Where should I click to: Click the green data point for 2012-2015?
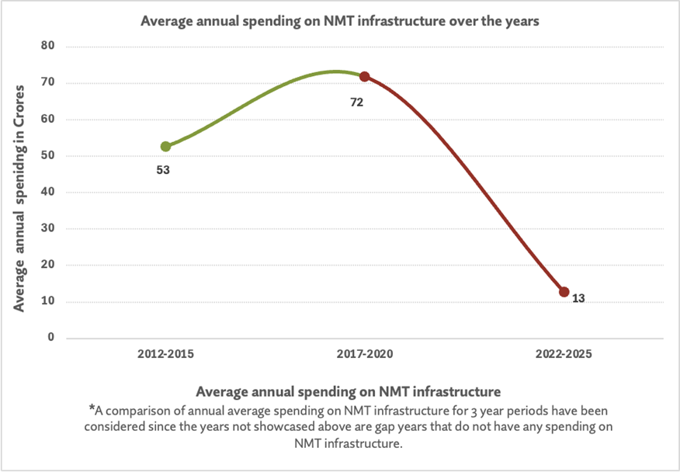coord(165,146)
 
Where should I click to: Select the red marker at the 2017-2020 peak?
coord(364,77)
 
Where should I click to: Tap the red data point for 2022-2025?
coord(564,292)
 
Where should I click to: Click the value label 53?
coord(163,169)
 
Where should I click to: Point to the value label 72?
coord(357,102)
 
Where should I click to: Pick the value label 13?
coord(578,299)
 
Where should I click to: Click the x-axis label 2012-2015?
coord(165,354)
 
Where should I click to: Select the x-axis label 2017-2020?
coord(365,354)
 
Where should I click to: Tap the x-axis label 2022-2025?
coord(564,354)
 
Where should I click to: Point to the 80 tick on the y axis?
coord(47,47)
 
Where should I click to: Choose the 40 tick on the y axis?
coord(47,193)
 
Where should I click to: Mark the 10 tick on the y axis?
coord(47,302)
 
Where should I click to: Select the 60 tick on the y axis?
coord(47,120)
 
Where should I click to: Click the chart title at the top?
coord(339,22)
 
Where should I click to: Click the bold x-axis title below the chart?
coord(349,390)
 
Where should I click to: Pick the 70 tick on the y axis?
coord(47,83)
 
